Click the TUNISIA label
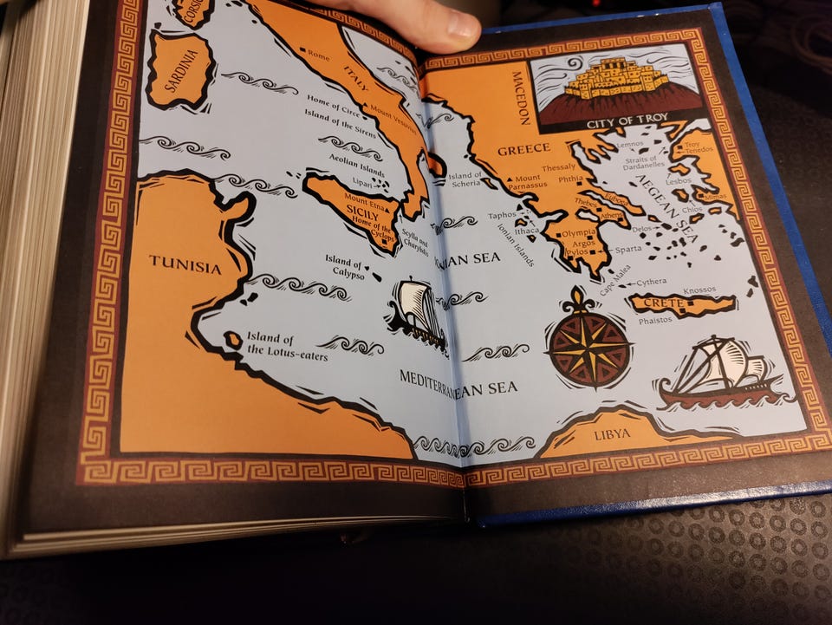coord(185,264)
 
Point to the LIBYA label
coord(612,434)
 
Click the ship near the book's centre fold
coord(418,314)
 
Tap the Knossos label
coord(700,290)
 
